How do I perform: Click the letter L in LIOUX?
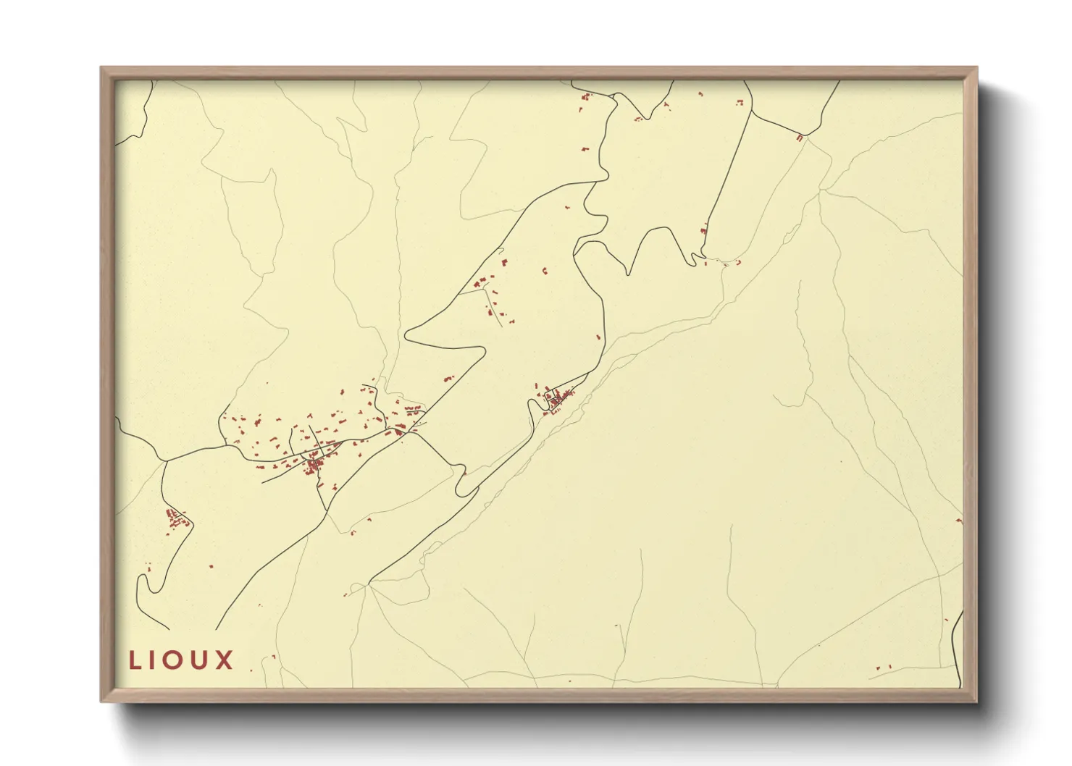tap(135, 660)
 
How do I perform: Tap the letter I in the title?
tap(155, 660)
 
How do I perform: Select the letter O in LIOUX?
tap(176, 660)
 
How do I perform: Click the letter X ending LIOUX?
tap(225, 660)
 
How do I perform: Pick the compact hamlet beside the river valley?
tap(557, 398)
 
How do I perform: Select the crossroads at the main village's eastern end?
tap(413, 432)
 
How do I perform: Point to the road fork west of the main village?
tap(166, 460)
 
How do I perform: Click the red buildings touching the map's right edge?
tap(960, 521)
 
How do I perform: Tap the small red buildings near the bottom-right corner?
tap(883, 668)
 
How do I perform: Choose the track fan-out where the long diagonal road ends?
tap(370, 583)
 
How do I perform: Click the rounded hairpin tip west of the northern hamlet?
tap(407, 334)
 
